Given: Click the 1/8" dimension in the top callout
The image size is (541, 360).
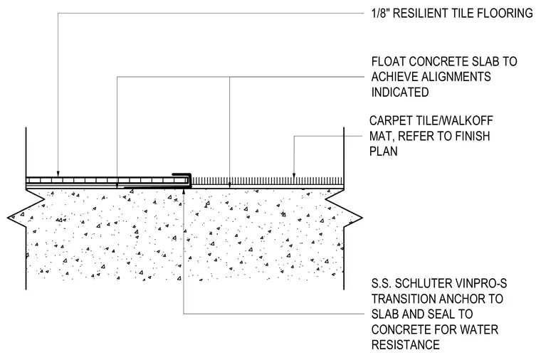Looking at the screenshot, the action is pyautogui.click(x=381, y=13).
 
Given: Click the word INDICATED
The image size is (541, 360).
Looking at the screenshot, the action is pyautogui.click(x=400, y=92).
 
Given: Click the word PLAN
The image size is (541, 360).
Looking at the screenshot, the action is pyautogui.click(x=384, y=151).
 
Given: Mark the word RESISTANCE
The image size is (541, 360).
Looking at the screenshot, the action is pyautogui.click(x=406, y=344).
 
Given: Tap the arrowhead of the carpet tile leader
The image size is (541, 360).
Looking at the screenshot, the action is pyautogui.click(x=293, y=175).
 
